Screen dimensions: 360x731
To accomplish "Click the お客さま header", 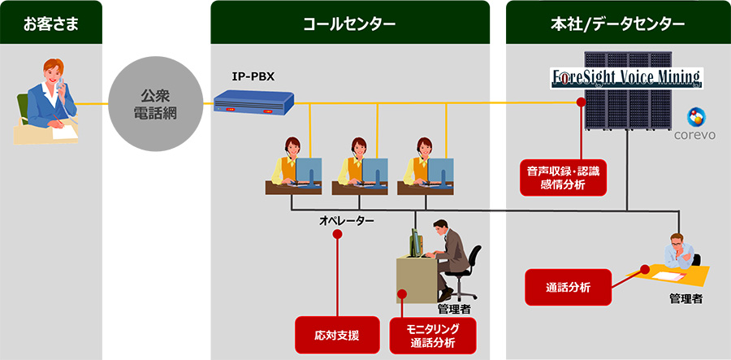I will point(51,24).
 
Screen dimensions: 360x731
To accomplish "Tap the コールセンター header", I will point(349,24).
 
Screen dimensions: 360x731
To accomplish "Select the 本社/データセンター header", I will point(618,24).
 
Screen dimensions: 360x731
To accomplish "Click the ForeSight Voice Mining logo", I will point(627,78).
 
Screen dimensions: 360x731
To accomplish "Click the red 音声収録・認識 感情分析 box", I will point(564,177).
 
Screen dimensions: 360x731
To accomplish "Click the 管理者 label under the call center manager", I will point(453,310).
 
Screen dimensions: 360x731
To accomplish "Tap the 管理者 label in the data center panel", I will point(686,299).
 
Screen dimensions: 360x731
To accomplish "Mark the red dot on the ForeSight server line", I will point(581,102).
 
